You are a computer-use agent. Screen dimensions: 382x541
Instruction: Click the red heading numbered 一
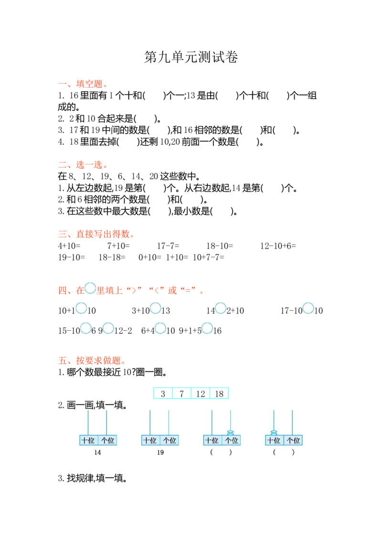[x=82, y=85]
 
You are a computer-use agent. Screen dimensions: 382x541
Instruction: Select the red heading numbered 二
[x=82, y=165]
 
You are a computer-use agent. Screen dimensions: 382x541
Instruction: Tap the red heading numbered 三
[x=95, y=235]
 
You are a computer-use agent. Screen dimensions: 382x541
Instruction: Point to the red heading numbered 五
[x=91, y=361]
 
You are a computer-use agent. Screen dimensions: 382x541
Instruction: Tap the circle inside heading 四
[x=90, y=288]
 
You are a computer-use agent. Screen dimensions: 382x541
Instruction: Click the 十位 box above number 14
[x=88, y=440]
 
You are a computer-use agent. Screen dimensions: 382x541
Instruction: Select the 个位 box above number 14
[x=107, y=440]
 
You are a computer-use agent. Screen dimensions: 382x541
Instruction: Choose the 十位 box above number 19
[x=150, y=440]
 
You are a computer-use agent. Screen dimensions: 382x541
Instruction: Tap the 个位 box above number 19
[x=169, y=440]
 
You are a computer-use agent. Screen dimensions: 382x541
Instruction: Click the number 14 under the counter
[x=97, y=453]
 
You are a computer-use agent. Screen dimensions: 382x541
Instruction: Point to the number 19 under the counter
[x=160, y=453]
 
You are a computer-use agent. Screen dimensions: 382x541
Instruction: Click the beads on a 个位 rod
[x=231, y=433]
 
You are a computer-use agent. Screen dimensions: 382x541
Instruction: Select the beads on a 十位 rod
[x=274, y=433]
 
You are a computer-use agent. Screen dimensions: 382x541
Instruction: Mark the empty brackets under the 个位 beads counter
[x=221, y=452]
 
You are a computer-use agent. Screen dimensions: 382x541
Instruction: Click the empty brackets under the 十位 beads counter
[x=284, y=452]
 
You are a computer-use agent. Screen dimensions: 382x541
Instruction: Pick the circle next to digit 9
[x=108, y=328]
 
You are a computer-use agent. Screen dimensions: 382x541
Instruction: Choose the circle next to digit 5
[x=207, y=328]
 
